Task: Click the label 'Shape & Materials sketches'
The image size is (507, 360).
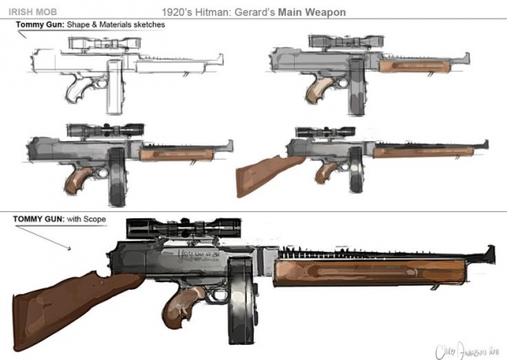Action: tap(118, 25)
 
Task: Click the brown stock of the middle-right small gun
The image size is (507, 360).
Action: tap(261, 173)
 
